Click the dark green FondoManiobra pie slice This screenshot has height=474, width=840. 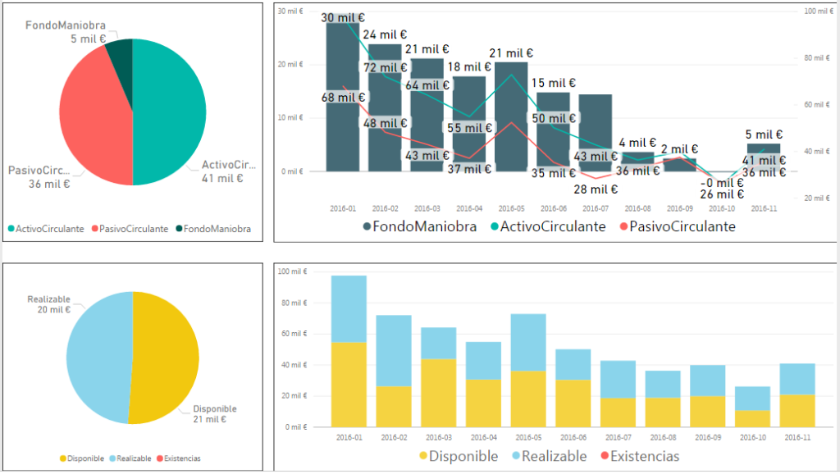point(120,53)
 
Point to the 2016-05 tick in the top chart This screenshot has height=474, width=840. point(511,208)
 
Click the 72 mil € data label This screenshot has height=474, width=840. point(385,66)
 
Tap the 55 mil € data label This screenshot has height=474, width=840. point(468,128)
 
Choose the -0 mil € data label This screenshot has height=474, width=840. point(722,183)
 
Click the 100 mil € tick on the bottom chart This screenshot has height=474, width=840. point(292,271)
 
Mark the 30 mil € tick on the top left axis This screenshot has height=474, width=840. point(293,11)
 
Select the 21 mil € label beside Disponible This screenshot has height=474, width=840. point(209,420)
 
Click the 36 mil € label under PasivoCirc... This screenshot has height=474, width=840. point(49,184)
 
